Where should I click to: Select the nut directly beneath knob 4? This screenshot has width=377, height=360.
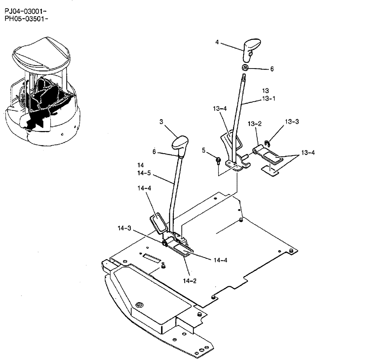[245, 68]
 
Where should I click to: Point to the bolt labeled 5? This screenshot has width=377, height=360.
[218, 161]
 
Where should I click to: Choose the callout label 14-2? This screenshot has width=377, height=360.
[190, 281]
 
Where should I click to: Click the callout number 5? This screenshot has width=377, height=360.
[204, 151]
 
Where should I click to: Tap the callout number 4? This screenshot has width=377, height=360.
[217, 42]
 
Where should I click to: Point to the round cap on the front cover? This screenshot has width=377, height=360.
[140, 304]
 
